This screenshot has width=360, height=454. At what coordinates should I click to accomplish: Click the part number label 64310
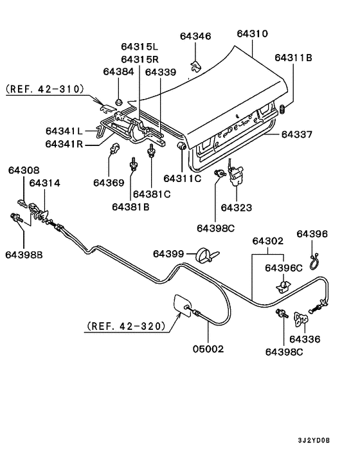[x=252, y=33]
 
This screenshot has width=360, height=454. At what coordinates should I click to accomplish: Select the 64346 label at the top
[x=195, y=37]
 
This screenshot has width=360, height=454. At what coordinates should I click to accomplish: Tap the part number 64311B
[x=293, y=58]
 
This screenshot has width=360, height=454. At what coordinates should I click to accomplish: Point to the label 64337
[x=297, y=134]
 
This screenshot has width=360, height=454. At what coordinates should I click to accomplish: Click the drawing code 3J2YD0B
[x=314, y=440]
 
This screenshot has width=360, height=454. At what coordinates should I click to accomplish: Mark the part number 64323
[x=237, y=208]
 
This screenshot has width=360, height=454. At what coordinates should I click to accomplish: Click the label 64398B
[x=25, y=255]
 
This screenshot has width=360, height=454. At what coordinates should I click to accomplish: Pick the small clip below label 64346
[x=195, y=64]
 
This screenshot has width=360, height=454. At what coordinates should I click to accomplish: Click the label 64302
[x=267, y=241]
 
